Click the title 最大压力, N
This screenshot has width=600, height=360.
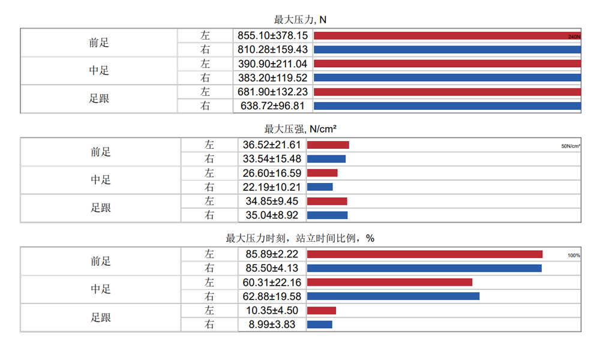point(300,20)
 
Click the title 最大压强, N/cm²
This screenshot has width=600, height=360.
point(300,129)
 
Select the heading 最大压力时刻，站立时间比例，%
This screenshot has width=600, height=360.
point(300,238)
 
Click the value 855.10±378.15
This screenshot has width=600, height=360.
point(272,35)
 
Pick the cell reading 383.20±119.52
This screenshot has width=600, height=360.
point(272,77)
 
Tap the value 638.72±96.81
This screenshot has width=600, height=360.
point(272,106)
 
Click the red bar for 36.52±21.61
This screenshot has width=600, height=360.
point(328,145)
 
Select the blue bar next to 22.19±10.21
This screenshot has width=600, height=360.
point(320,187)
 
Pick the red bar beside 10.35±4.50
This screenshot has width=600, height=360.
point(322,311)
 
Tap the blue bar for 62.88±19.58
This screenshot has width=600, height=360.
point(393,296)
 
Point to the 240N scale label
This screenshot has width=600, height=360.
point(574,37)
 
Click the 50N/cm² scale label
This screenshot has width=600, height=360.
point(571,146)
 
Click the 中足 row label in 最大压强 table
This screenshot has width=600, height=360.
point(101,180)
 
